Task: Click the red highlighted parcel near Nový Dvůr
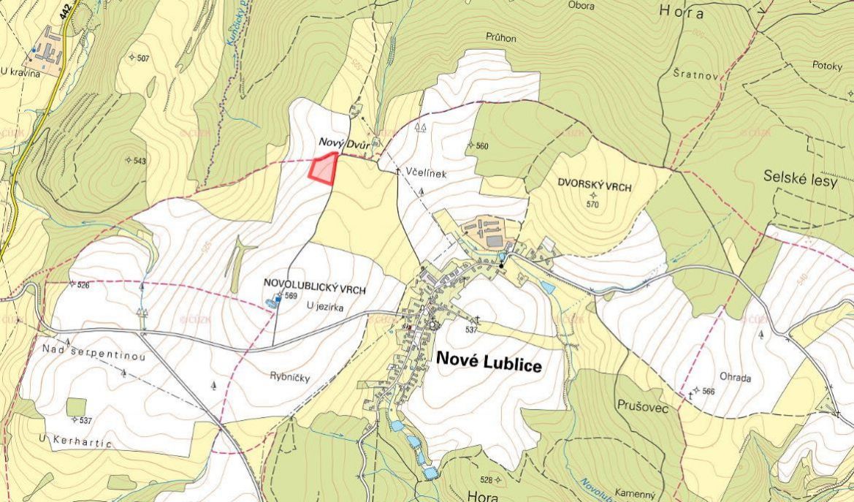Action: click(323, 169)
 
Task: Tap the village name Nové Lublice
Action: click(489, 360)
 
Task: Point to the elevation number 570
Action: click(592, 205)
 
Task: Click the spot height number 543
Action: click(139, 160)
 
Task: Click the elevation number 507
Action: click(142, 58)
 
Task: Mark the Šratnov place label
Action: click(691, 73)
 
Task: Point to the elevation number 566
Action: click(707, 391)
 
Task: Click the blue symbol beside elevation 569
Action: click(278, 298)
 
